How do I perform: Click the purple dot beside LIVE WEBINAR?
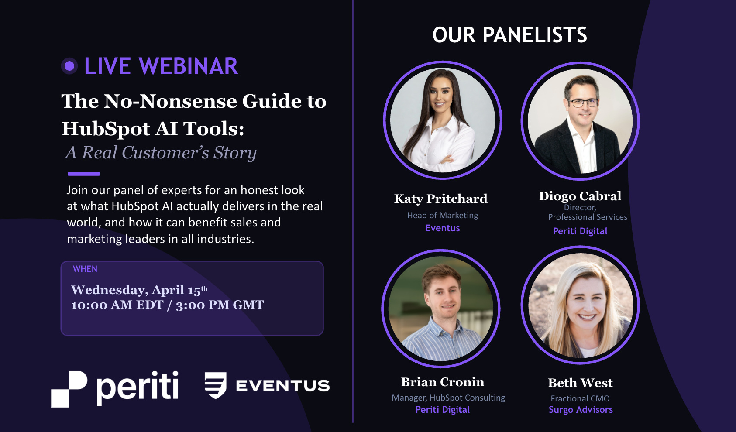coord(69,66)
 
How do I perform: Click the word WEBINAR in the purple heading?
coord(188,66)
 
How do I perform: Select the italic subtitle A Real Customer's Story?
coord(161,153)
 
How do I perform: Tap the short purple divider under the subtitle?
coord(83,174)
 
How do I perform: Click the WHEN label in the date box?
coord(85,269)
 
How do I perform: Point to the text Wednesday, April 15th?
coord(139,290)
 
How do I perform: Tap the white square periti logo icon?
coord(69,388)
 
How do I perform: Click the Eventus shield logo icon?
coord(216,385)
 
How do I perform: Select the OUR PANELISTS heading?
coord(509,35)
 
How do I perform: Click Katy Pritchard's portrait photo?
coord(442,120)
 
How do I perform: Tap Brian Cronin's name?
coord(442,382)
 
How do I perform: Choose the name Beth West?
coord(580,383)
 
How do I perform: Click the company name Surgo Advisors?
coord(581,410)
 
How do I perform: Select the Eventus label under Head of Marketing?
coord(442,228)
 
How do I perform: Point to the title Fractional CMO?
coord(580,398)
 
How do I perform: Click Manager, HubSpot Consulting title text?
coord(448,398)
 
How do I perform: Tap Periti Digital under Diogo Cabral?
coord(580,231)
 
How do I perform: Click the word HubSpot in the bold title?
coord(106,129)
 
